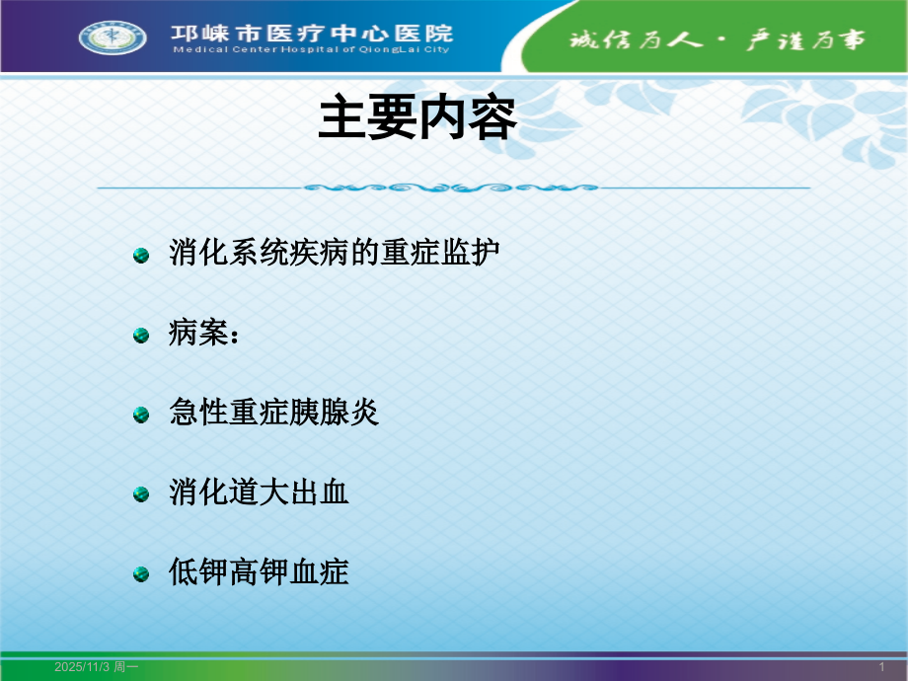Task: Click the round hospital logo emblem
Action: [113, 38]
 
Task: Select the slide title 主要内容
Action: [417, 120]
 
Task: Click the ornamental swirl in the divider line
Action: [452, 187]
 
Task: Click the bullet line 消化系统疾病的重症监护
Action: [335, 254]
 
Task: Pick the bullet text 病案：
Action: [204, 334]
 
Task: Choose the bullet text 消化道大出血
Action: [260, 492]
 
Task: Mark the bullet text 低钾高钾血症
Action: [260, 571]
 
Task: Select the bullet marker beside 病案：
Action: [141, 337]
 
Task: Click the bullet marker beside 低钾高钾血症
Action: [141, 573]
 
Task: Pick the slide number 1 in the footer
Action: [881, 668]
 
